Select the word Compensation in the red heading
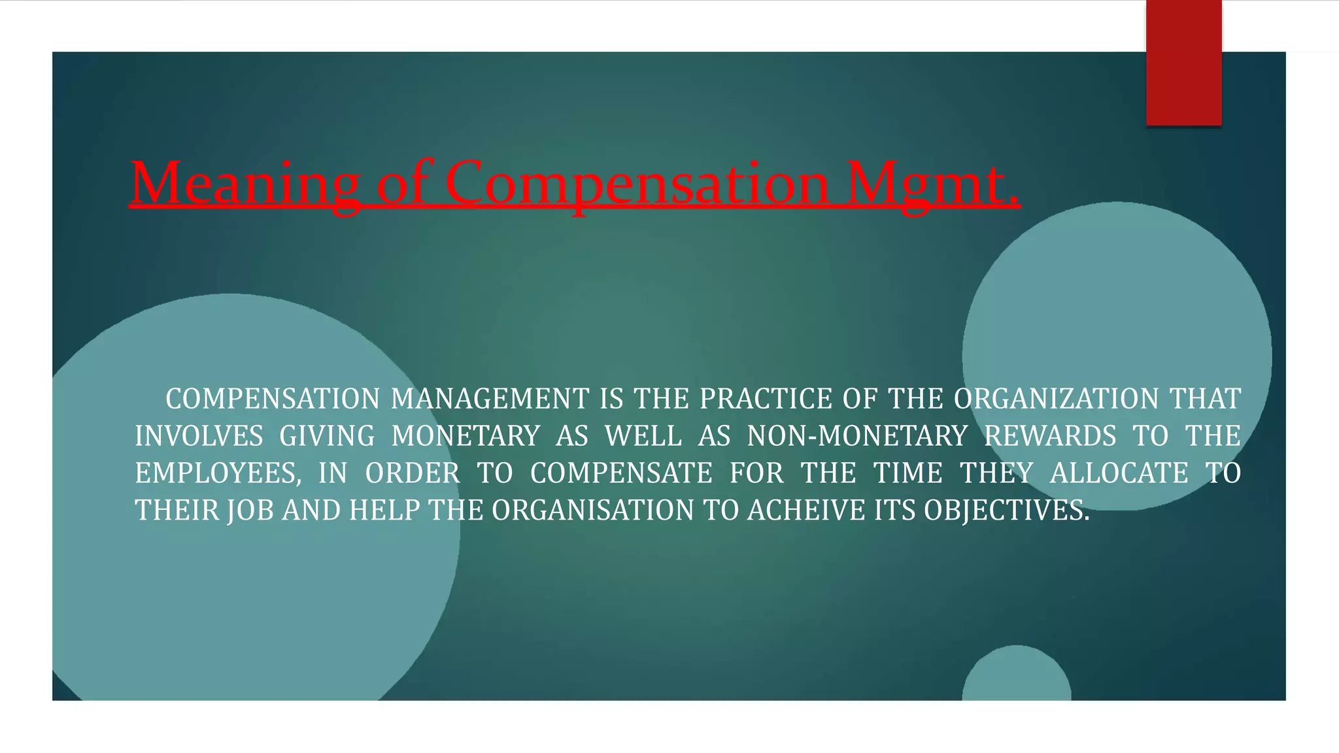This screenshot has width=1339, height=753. (x=637, y=183)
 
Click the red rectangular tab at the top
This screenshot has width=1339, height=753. (x=1183, y=63)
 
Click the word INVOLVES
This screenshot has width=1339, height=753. (x=199, y=437)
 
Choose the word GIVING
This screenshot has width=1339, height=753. (x=327, y=437)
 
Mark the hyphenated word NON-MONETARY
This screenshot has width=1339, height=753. (x=857, y=437)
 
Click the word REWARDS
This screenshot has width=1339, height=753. (x=1050, y=437)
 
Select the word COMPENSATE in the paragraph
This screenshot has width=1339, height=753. (x=621, y=474)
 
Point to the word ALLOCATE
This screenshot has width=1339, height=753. (x=1119, y=474)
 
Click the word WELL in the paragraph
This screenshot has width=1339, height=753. (x=643, y=437)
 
